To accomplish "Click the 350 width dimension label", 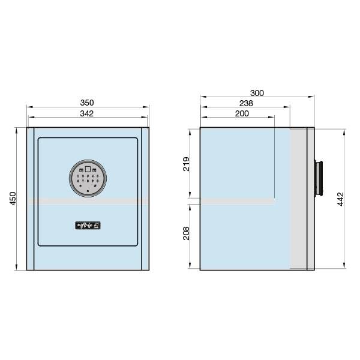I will pyautogui.click(x=88, y=103).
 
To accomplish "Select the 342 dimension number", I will pyautogui.click(x=88, y=113).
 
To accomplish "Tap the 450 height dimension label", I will pyautogui.click(x=14, y=199).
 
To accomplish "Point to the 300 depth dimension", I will pyautogui.click(x=257, y=92).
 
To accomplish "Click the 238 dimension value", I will pyautogui.click(x=246, y=103).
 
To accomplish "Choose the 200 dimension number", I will pyautogui.click(x=242, y=113).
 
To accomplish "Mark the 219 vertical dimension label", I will pyautogui.click(x=185, y=164).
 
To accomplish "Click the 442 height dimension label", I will pyautogui.click(x=340, y=199).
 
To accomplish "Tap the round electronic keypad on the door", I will pyautogui.click(x=88, y=179).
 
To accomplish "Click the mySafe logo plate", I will pyautogui.click(x=88, y=226).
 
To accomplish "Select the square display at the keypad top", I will pyautogui.click(x=88, y=169).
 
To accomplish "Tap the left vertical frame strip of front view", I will pyautogui.click(x=30, y=199).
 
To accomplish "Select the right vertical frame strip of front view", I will pyautogui.click(x=145, y=199).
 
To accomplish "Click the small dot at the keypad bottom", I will pyautogui.click(x=88, y=191).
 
